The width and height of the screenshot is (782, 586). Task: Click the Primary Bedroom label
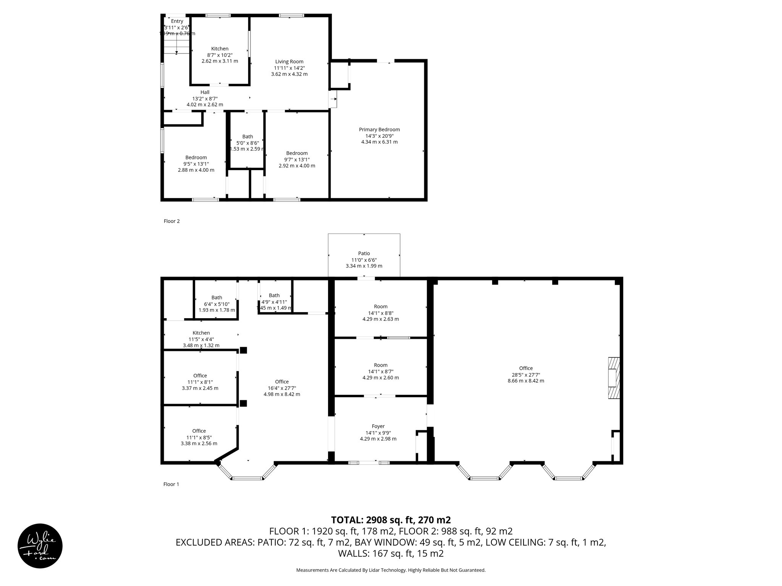379,130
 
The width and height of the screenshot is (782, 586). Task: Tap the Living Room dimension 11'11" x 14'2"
289,68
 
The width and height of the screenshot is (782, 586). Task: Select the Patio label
364,253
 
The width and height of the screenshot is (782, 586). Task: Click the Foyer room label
378,426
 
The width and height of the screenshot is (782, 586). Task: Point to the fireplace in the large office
614,378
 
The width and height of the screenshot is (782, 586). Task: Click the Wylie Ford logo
40,546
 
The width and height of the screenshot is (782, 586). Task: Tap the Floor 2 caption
171,221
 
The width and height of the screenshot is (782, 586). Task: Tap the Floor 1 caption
171,484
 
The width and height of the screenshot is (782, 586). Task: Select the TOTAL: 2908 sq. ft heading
391,520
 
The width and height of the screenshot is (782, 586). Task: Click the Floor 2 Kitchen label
220,48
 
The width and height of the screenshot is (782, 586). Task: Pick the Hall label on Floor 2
205,92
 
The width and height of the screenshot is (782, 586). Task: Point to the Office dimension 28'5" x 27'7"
526,375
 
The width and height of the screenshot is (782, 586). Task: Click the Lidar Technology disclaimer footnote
391,570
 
